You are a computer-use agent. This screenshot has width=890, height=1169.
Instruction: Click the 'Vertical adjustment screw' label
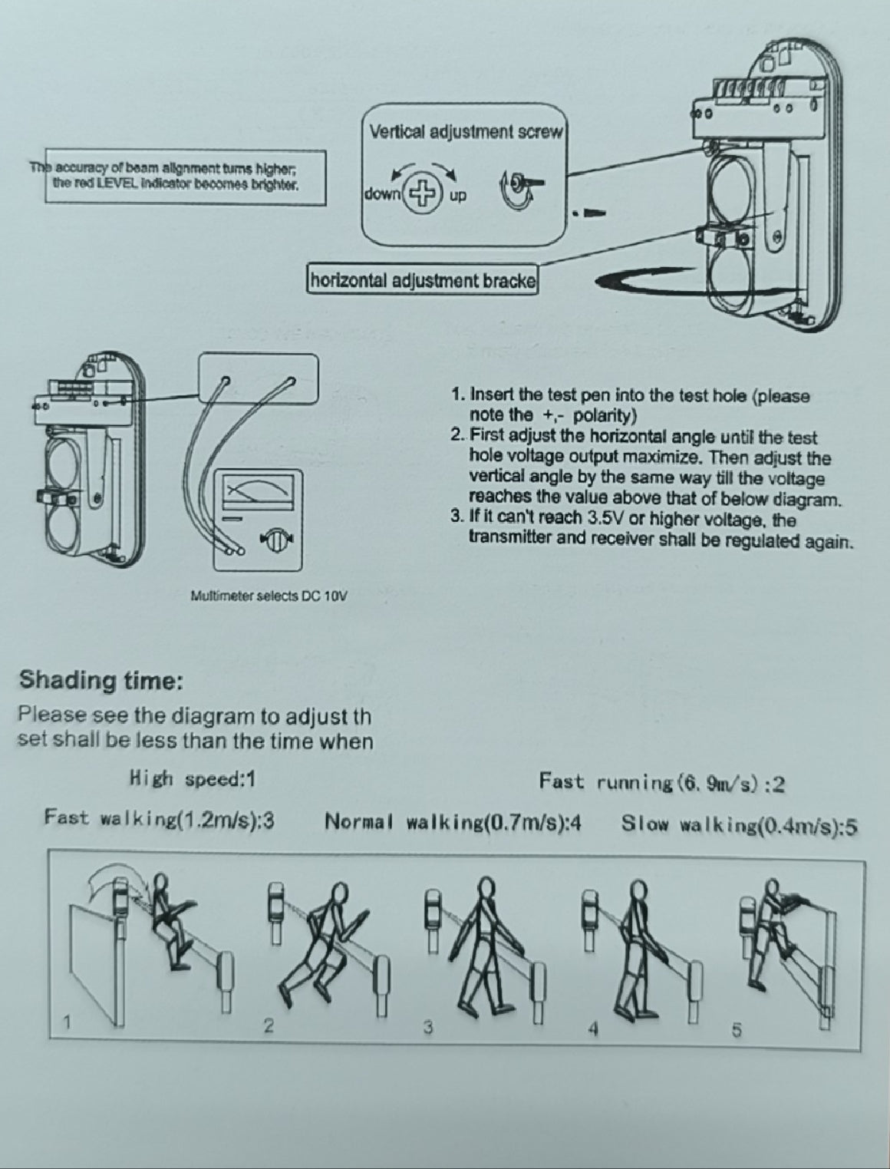click(466, 131)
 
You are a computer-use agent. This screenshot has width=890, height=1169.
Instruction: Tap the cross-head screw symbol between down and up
click(423, 192)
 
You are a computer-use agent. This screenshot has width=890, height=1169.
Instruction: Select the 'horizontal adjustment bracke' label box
click(424, 280)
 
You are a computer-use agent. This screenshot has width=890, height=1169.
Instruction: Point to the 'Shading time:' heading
click(101, 681)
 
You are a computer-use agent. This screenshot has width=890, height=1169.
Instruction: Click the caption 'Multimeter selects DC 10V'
click(269, 596)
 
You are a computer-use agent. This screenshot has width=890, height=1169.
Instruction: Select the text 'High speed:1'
click(193, 780)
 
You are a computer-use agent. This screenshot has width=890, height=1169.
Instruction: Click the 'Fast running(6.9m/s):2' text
click(662, 782)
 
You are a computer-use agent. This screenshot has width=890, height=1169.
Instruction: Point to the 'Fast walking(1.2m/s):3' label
click(159, 818)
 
